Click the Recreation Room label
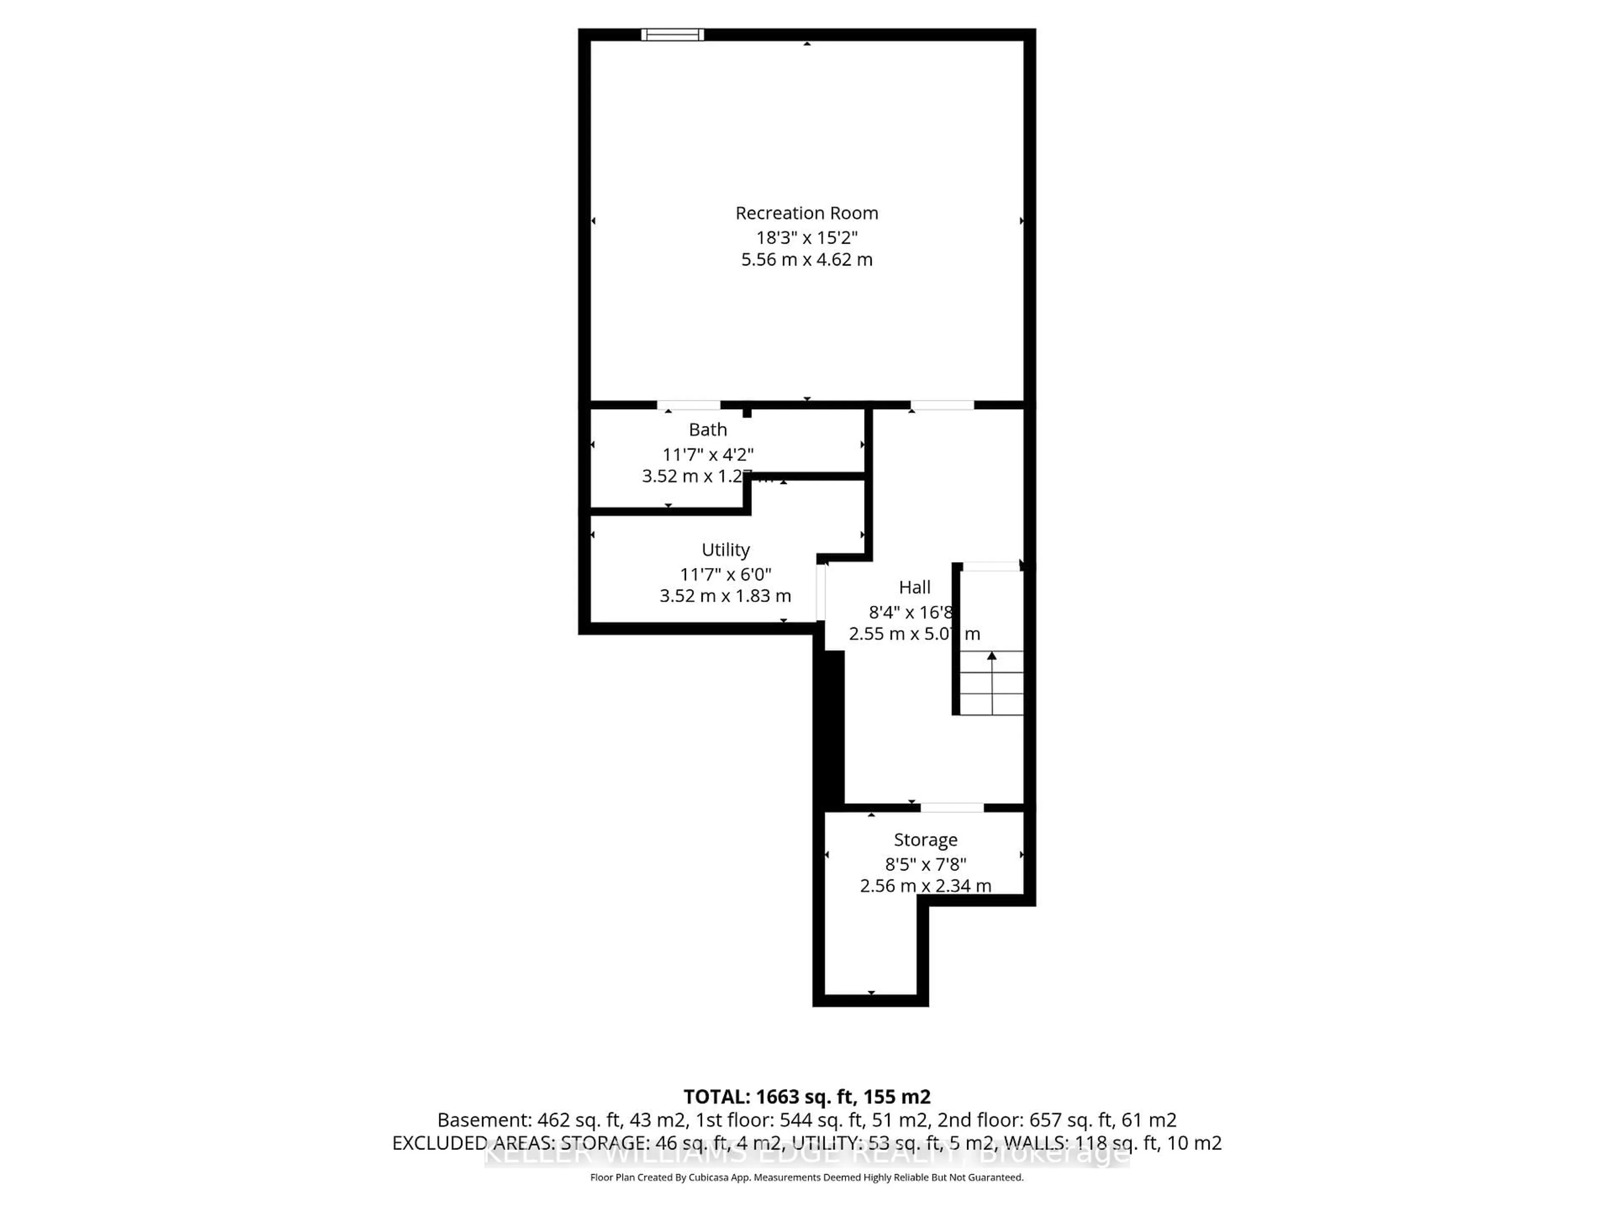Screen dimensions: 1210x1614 [806, 213]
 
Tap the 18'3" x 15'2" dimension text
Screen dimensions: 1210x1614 [806, 237]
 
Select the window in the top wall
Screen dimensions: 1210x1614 [672, 34]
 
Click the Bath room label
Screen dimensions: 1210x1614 [707, 429]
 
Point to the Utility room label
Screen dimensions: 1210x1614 [725, 549]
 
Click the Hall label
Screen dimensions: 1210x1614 [914, 587]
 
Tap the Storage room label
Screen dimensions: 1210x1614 [925, 839]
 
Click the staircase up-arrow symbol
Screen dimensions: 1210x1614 [992, 656]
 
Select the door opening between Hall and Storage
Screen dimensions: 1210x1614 [952, 808]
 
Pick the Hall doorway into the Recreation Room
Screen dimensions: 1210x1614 [941, 405]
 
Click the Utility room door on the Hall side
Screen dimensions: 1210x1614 [820, 592]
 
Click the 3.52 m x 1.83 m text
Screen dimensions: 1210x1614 [725, 596]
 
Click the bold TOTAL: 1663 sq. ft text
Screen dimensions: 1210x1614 [806, 1096]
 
